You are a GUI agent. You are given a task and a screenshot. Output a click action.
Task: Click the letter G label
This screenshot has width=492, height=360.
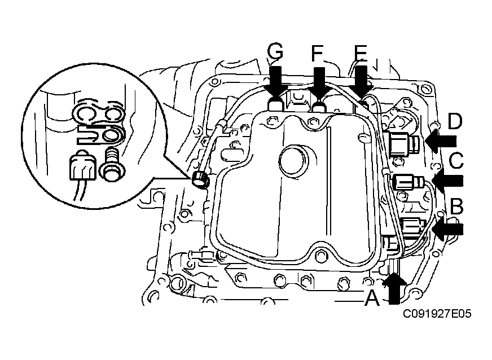tap(275, 52)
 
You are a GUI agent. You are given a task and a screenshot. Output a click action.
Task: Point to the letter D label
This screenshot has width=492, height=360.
tap(455, 121)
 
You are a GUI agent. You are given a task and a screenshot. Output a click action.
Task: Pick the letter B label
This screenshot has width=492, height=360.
tap(457, 207)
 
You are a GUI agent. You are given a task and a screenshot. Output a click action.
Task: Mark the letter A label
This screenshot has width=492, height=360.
tap(372, 297)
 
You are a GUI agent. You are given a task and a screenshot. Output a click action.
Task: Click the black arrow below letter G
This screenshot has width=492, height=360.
tap(275, 82)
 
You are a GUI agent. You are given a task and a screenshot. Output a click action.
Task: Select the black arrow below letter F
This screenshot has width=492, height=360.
tap(319, 83)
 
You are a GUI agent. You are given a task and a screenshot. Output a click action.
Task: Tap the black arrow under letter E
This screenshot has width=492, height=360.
tap(361, 81)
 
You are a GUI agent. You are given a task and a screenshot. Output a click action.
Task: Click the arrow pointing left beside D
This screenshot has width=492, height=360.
tap(441, 141)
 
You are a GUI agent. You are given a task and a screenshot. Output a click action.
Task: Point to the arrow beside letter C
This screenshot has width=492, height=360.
tap(447, 181)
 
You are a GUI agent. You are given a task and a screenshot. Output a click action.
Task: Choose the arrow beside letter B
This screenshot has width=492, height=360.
tap(447, 229)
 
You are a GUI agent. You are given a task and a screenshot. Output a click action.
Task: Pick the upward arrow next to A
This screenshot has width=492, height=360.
tap(394, 289)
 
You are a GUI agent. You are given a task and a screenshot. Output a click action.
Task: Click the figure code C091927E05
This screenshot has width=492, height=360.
tap(437, 314)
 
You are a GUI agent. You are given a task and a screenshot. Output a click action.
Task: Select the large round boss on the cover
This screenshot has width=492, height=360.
tap(293, 160)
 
